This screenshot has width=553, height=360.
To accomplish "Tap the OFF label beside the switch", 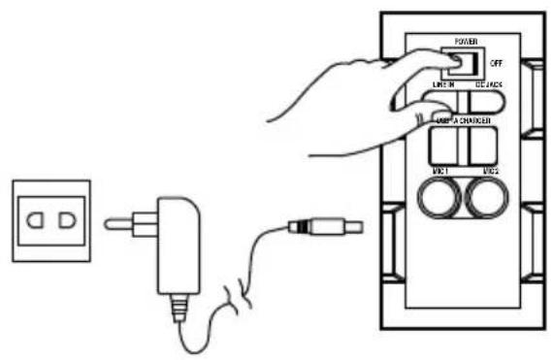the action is [497, 61].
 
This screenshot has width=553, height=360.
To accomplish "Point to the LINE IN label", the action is [442, 86].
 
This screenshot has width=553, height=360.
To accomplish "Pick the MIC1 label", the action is [441, 171].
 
